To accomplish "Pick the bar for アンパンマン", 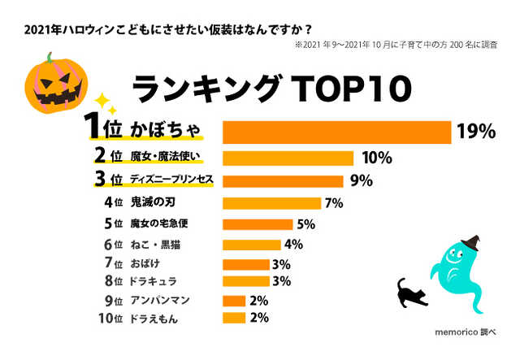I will [234, 301].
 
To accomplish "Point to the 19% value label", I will [476, 132].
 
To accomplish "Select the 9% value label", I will [361, 180].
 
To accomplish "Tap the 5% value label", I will [306, 224].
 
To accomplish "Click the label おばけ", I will [147, 264].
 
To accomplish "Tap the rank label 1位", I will [103, 130].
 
